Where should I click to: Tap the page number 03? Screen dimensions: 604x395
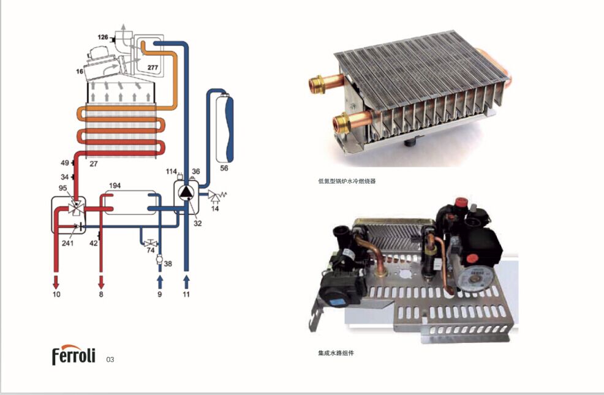coord(110,359)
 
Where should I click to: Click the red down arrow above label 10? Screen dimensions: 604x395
coord(56,282)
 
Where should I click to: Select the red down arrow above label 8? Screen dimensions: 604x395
coord(101,282)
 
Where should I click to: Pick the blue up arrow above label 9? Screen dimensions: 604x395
coord(159,282)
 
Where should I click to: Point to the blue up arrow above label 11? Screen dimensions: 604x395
coord(186,282)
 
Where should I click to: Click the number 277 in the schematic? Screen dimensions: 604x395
coord(153,67)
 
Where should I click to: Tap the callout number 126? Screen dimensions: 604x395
coord(103,37)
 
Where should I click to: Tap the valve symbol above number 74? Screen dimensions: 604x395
coord(150,243)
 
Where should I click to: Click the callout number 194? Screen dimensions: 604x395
coord(115,186)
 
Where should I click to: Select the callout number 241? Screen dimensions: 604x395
coord(67,243)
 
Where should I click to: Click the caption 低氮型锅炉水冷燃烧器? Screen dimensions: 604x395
coord(347,181)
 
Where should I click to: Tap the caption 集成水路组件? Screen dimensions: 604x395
coord(336,353)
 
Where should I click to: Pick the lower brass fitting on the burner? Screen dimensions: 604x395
coord(341,123)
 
